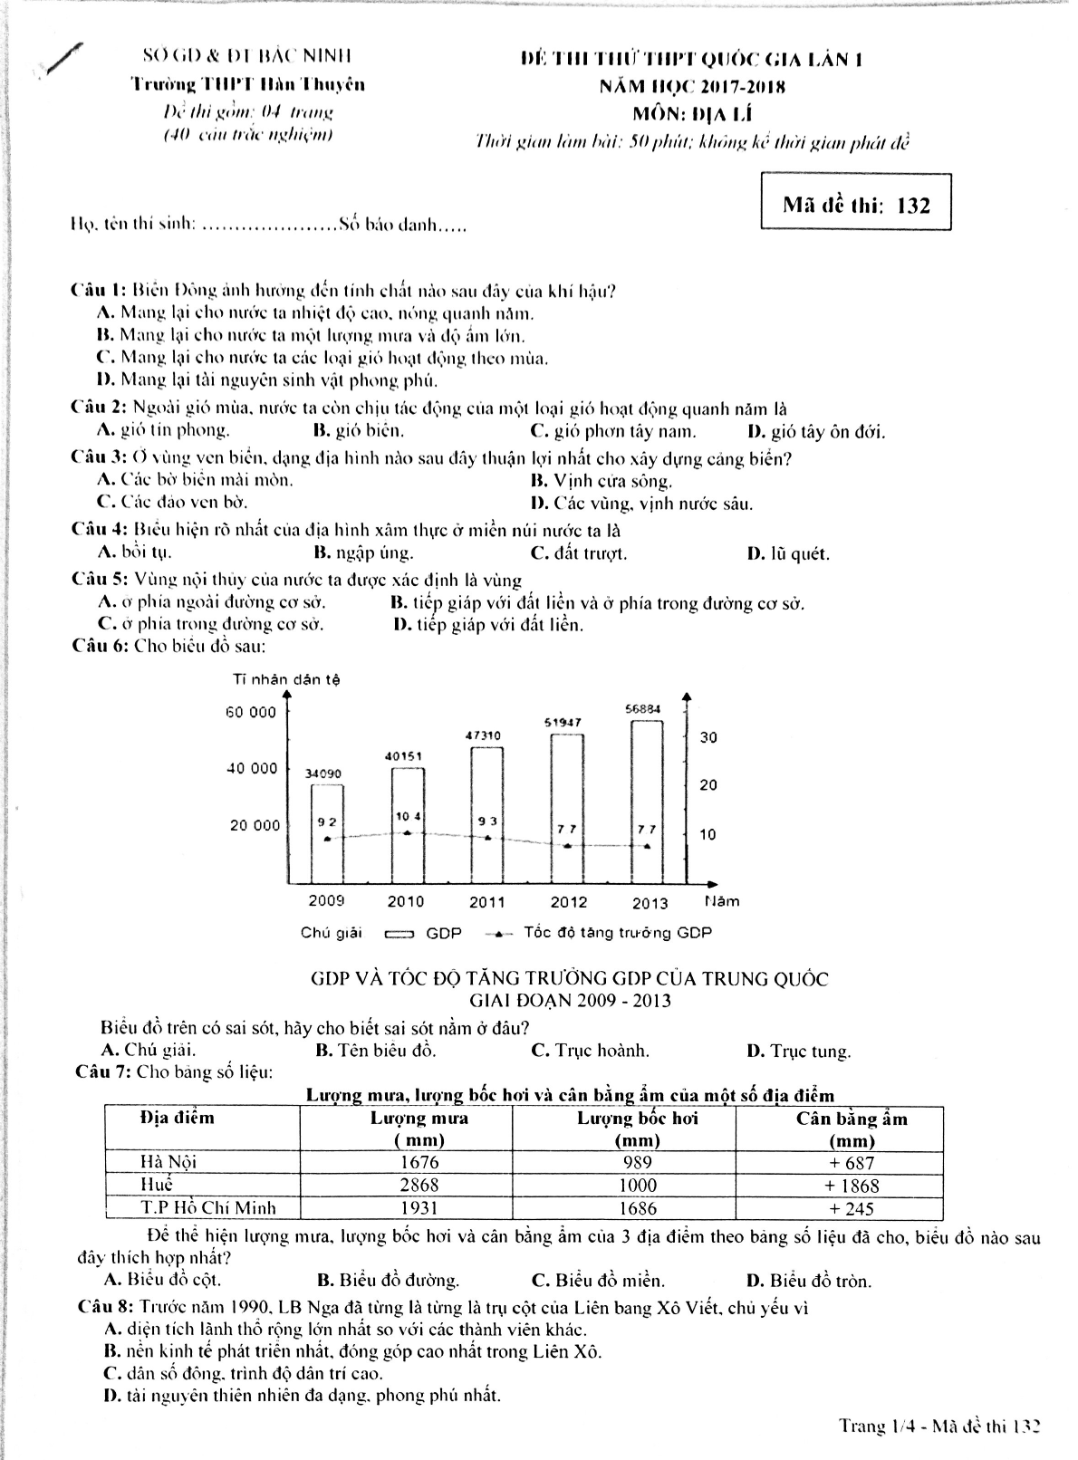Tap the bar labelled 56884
coord(647,802)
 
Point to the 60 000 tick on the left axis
coord(251,712)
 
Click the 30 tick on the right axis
coord(708,737)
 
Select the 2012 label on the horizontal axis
coord(568,902)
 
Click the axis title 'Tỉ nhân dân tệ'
coord(286,679)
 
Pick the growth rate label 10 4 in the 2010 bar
coord(408,817)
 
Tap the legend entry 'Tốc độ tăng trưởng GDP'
coord(617,932)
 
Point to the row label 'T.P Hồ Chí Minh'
coord(208,1208)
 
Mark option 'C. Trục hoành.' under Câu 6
coord(590,1051)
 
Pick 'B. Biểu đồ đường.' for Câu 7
coord(388,1281)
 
